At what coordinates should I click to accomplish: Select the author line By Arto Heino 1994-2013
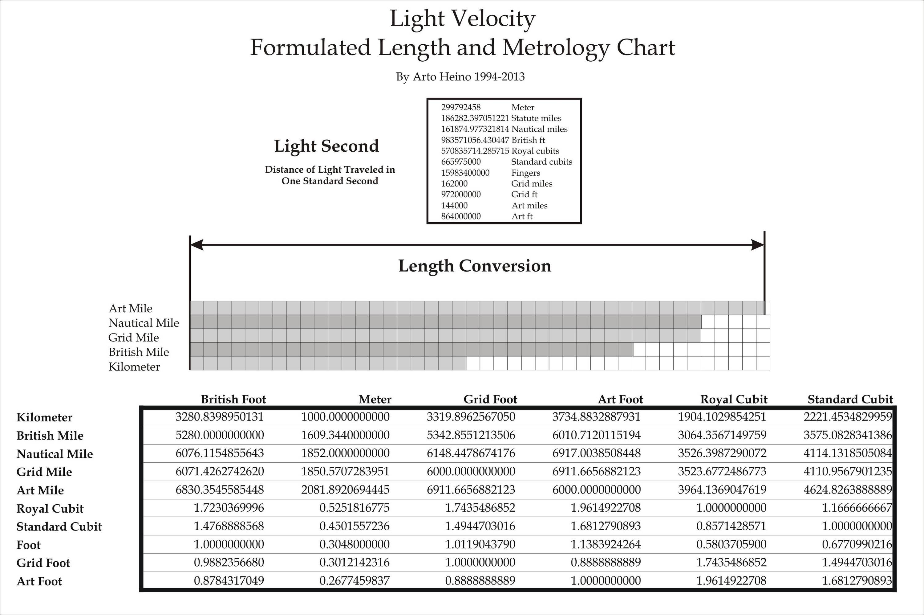click(460, 76)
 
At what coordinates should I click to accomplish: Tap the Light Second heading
click(326, 146)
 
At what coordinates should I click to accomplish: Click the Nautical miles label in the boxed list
click(539, 129)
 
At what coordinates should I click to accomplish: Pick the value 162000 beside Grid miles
click(454, 183)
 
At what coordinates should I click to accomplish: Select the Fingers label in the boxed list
click(525, 173)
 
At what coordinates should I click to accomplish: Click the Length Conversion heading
click(475, 266)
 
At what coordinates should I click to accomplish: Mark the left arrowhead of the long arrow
click(196, 245)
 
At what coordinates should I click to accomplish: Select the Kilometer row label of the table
click(44, 417)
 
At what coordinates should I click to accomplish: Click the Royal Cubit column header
click(734, 399)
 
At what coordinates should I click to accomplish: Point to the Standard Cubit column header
click(850, 399)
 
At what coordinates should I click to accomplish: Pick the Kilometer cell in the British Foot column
click(219, 416)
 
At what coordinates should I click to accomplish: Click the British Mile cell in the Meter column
click(345, 435)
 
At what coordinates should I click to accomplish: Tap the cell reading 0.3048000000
click(354, 544)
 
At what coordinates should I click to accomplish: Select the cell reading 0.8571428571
click(731, 526)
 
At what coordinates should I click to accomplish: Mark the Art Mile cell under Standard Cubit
click(848, 490)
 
